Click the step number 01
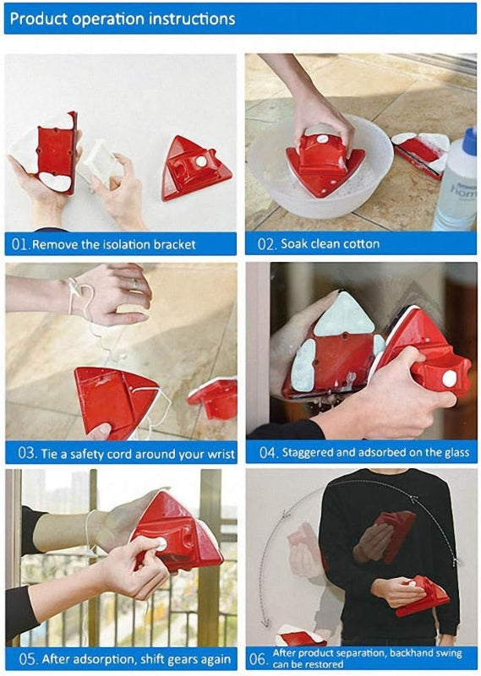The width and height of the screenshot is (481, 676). pos(20,244)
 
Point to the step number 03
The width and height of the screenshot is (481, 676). pos(20,454)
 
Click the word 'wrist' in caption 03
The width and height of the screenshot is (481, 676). pos(218,454)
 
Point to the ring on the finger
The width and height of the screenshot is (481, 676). pos(133,286)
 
